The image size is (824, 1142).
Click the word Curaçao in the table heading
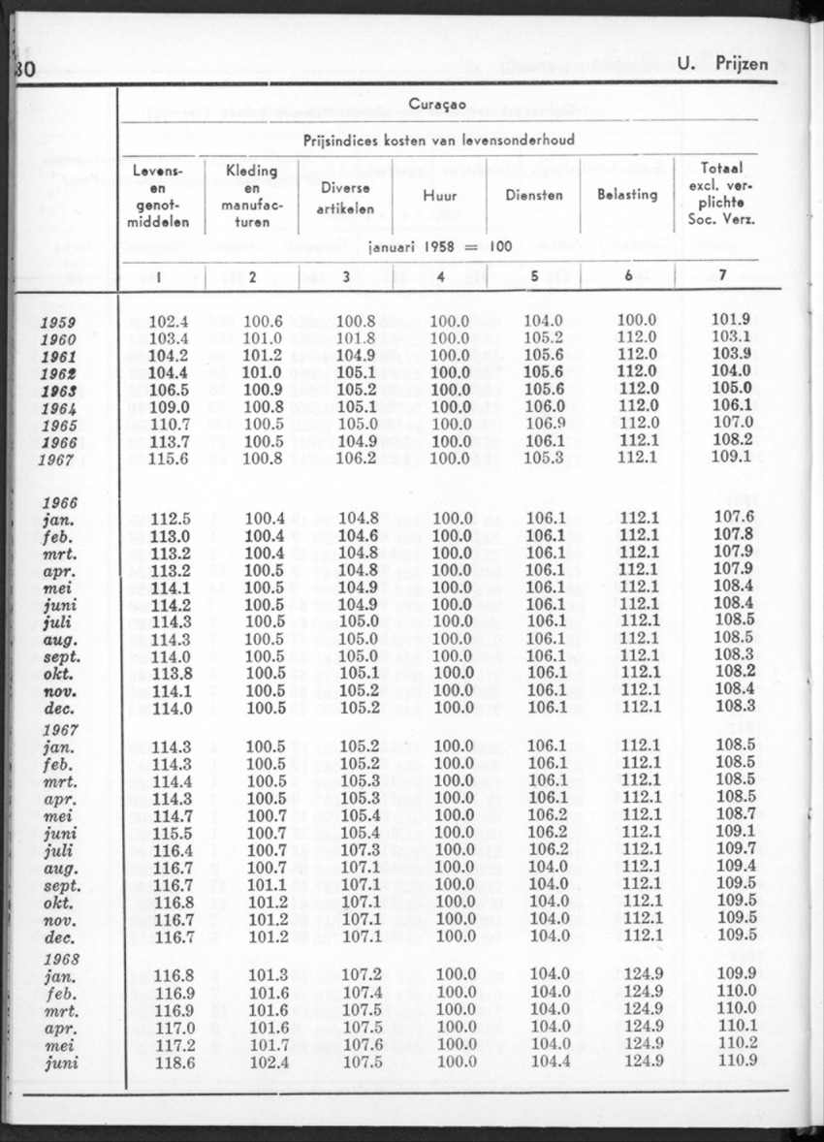tap(439, 104)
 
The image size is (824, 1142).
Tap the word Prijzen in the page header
tap(737, 64)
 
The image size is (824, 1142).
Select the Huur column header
tap(440, 196)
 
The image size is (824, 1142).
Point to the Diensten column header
tap(534, 195)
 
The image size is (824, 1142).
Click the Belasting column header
tap(627, 194)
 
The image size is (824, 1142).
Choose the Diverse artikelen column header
tap(346, 197)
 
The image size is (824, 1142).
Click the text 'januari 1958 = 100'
tap(440, 246)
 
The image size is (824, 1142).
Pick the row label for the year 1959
tap(60, 323)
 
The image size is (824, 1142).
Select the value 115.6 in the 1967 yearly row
tap(170, 458)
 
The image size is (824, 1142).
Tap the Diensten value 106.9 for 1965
tap(543, 424)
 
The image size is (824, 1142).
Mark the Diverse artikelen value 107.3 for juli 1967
tap(358, 849)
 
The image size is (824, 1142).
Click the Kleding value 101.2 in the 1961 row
tap(263, 356)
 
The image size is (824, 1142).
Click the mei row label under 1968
tap(61, 1044)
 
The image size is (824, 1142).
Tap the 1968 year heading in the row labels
tap(61, 958)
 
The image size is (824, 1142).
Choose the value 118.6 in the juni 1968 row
tap(170, 1062)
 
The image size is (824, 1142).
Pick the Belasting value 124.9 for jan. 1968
tap(641, 974)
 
